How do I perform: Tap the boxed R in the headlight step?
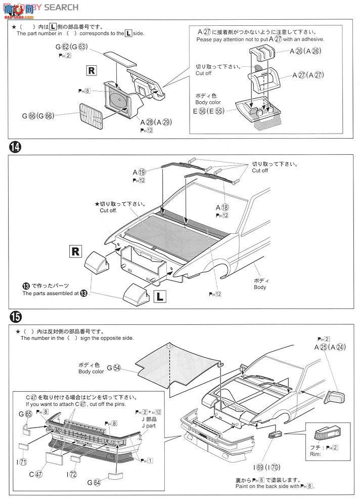[92, 71]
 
